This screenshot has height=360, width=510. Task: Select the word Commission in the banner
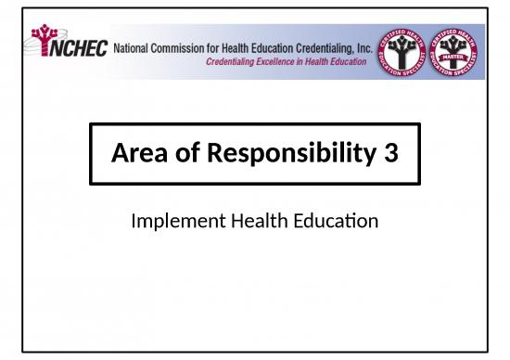coord(183,45)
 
